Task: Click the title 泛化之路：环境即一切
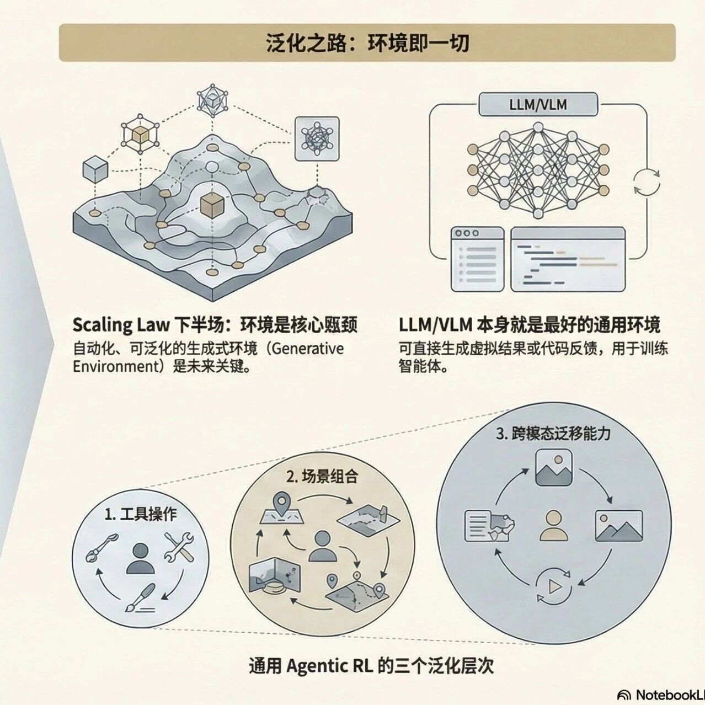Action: click(367, 42)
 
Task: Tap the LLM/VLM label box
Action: click(537, 104)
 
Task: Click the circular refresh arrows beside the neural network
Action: click(646, 182)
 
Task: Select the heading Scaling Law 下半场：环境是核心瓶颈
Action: click(215, 324)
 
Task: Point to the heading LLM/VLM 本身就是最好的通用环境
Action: click(529, 324)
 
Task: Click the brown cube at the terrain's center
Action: click(212, 206)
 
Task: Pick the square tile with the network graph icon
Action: click(317, 138)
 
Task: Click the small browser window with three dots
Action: click(478, 259)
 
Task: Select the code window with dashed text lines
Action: click(568, 259)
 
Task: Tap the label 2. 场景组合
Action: click(322, 476)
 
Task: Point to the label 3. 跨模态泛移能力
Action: click(553, 433)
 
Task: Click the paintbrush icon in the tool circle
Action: click(140, 599)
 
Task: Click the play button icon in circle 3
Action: click(554, 586)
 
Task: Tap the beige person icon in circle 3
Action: click(554, 525)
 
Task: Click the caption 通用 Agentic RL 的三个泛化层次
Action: click(371, 666)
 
